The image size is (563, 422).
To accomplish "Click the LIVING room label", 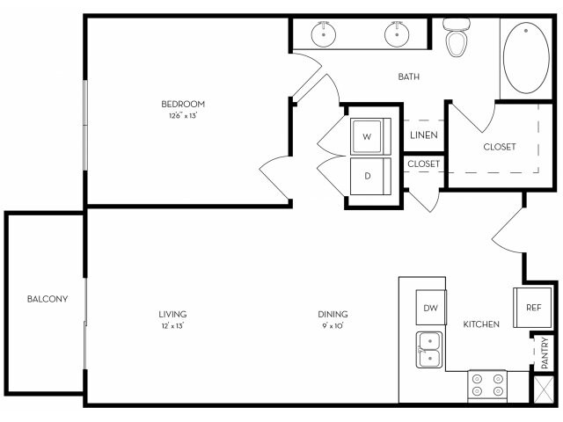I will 172,314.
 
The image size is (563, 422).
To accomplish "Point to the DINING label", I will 333,314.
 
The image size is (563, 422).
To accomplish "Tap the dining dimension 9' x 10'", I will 333,326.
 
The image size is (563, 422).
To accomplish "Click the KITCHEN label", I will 481,324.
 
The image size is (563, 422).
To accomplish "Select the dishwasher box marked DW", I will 430,308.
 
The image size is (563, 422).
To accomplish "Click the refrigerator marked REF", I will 533,308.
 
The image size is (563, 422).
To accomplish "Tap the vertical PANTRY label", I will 545,353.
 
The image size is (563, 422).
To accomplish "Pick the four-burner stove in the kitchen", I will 487,385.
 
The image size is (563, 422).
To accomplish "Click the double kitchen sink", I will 429,349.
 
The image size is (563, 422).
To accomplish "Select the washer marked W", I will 367,136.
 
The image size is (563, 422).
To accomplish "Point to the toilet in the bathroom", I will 457,37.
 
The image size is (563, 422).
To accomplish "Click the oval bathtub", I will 527,58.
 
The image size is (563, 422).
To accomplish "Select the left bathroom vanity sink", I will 324,35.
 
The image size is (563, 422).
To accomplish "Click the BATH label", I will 408,76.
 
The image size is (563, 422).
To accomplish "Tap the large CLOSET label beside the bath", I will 499,147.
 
